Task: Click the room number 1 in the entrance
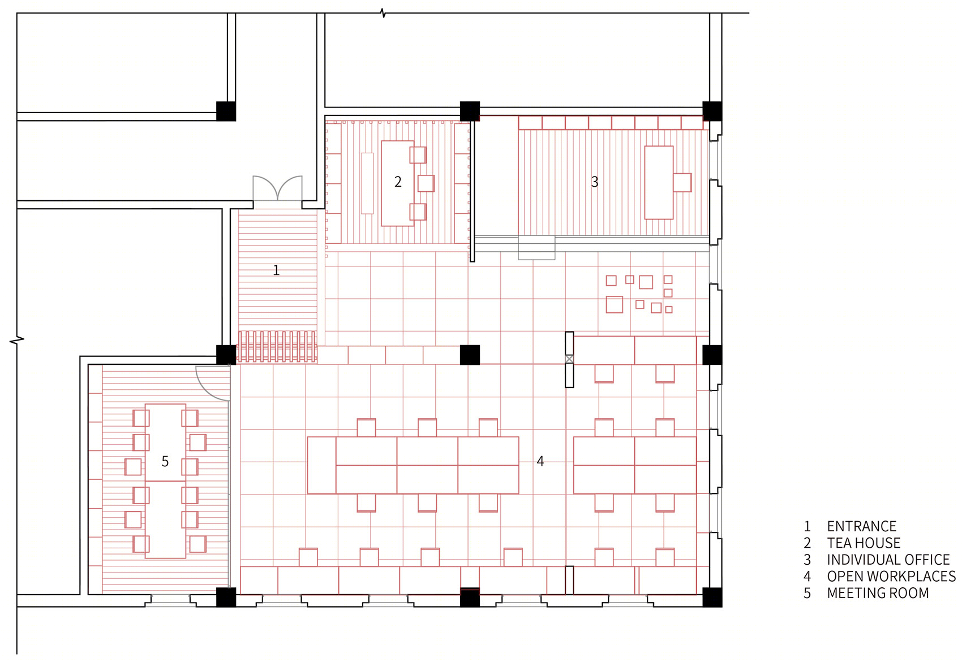tap(276, 270)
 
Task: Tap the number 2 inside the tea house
tap(398, 182)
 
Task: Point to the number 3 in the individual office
tap(594, 182)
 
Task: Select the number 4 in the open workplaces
tap(540, 461)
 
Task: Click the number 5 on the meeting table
tap(165, 461)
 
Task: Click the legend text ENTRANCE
tap(861, 526)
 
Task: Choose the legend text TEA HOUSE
tap(864, 543)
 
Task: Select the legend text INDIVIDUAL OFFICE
tap(888, 560)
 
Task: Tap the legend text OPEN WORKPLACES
tap(891, 576)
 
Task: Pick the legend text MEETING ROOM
tap(878, 593)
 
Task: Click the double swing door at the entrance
tap(277, 188)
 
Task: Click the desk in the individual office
tap(659, 182)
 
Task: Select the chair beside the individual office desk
tap(682, 182)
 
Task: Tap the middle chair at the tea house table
tap(426, 183)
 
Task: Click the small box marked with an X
tap(569, 359)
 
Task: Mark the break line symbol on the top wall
tap(383, 13)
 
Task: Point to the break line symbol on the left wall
tap(17, 341)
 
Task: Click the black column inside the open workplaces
tap(470, 355)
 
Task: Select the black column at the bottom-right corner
tap(712, 597)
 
